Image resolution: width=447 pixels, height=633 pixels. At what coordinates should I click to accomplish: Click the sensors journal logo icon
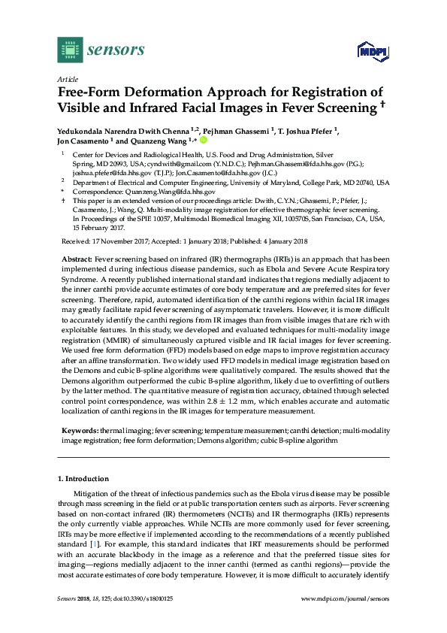[70, 51]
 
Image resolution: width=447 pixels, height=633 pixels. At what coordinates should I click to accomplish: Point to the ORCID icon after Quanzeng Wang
[203, 139]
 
